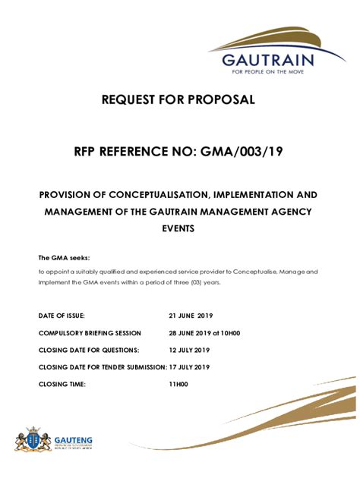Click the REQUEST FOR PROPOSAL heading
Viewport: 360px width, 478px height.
[179, 99]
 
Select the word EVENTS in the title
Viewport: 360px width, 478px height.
[179, 228]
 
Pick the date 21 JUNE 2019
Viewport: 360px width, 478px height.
[192, 314]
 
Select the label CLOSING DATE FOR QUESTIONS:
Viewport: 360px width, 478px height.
[89, 350]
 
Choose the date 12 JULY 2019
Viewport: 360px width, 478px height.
[190, 350]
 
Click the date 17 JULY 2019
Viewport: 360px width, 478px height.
[189, 367]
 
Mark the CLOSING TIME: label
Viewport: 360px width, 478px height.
[62, 385]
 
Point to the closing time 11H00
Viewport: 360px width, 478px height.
[178, 385]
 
